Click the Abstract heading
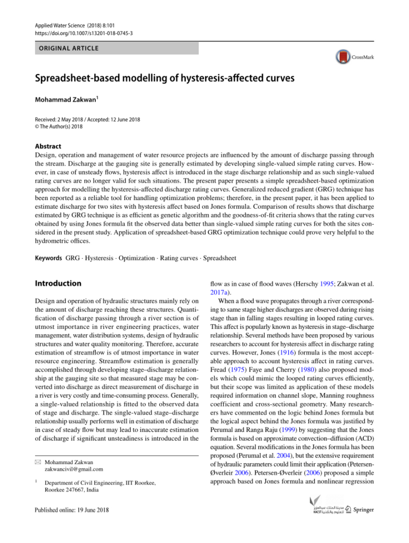point(47,146)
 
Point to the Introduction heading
point(57,283)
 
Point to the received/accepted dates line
point(87,119)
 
